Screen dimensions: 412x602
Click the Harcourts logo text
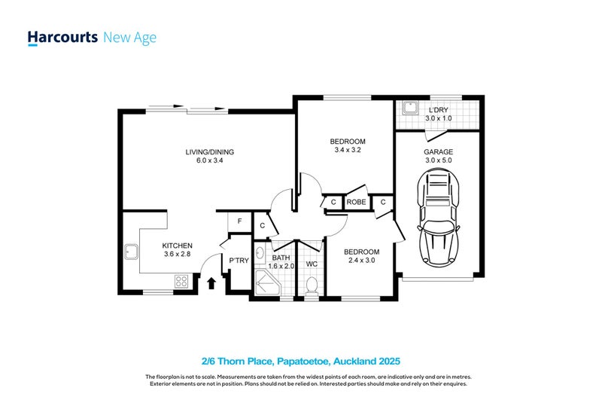click(62, 37)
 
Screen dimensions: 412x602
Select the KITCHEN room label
click(178, 246)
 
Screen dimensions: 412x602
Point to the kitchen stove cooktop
click(181, 281)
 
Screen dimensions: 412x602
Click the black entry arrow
click(211, 282)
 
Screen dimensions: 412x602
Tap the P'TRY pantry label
click(239, 261)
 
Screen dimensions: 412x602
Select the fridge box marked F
click(239, 221)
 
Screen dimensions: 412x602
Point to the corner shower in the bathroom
click(266, 284)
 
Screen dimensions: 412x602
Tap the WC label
click(312, 264)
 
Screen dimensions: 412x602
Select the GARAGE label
click(438, 151)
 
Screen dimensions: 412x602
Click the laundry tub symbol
click(409, 108)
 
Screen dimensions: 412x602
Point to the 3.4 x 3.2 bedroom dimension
click(348, 150)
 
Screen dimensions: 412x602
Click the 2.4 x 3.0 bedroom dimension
click(361, 261)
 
